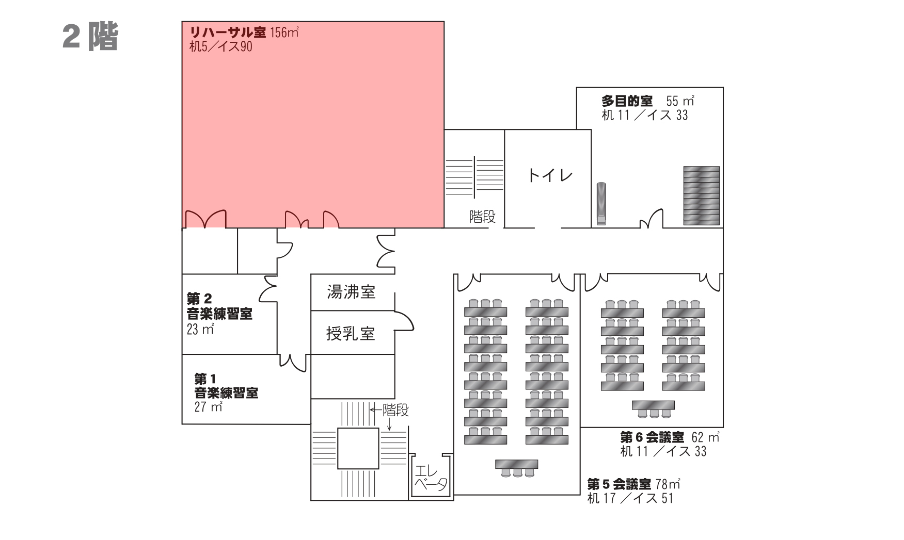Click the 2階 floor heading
[90, 36]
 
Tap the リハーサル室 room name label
[228, 32]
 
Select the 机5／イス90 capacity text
[220, 47]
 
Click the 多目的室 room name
[626, 101]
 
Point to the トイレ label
[550, 175]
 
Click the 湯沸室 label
[351, 292]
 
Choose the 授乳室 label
[351, 334]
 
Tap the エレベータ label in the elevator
[431, 478]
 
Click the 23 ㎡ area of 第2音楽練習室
[200, 329]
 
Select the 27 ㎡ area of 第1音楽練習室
[209, 406]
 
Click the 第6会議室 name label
[652, 437]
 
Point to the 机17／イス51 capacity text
[630, 498]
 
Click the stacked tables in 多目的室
[701, 195]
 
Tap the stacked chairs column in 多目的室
[601, 203]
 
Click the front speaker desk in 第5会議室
[516, 467]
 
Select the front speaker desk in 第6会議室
[653, 408]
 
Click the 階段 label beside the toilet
[482, 217]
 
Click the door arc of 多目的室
[652, 219]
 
